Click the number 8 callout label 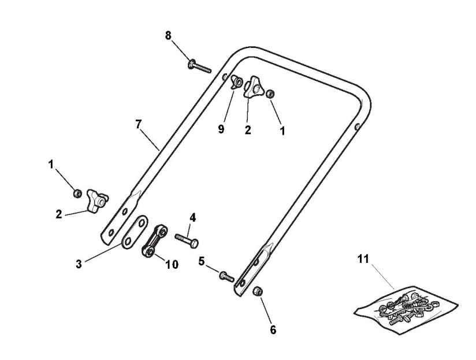click(x=168, y=35)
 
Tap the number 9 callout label click(x=221, y=129)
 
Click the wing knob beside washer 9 click(x=254, y=87)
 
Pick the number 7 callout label click(x=138, y=124)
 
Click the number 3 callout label click(x=79, y=263)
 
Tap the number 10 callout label click(x=172, y=264)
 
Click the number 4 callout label click(x=193, y=218)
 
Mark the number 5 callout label click(x=202, y=261)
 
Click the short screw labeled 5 click(x=225, y=276)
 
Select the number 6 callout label click(x=273, y=330)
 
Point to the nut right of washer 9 click(x=270, y=94)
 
